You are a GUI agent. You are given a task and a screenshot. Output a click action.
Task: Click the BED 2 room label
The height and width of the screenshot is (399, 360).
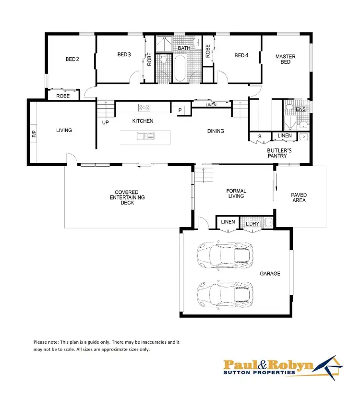click(x=72, y=60)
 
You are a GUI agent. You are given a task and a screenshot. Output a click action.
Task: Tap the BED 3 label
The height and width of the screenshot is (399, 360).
click(x=124, y=55)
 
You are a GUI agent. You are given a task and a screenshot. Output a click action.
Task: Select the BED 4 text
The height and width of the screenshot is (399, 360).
click(x=241, y=56)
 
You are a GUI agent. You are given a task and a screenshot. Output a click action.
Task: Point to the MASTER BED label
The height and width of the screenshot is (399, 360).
click(x=285, y=59)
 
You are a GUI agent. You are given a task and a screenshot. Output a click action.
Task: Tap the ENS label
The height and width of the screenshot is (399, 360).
click(x=300, y=109)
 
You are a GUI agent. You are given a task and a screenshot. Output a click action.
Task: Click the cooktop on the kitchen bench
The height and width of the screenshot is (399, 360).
click(x=144, y=107)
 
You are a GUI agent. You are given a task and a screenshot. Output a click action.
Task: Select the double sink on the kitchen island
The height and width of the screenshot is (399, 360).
click(x=145, y=136)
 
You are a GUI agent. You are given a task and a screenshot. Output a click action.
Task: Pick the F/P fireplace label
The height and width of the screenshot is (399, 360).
click(x=34, y=134)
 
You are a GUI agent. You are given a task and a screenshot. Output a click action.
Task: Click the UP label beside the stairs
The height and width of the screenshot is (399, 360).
click(x=105, y=122)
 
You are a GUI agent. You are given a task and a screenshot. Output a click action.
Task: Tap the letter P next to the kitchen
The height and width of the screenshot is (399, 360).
click(x=180, y=110)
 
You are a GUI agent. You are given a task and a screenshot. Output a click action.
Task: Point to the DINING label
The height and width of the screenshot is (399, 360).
click(x=216, y=131)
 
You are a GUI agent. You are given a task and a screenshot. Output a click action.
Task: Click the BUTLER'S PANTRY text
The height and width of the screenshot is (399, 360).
click(x=277, y=153)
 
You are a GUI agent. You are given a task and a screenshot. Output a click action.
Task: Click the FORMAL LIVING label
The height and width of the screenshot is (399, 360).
click(x=236, y=193)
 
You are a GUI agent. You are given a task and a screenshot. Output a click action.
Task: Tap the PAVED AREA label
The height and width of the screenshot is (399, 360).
click(x=299, y=197)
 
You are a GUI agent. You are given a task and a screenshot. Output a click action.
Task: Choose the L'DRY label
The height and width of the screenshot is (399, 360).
click(x=252, y=224)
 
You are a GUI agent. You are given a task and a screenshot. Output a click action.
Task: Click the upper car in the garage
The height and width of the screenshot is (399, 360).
click(x=225, y=254)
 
